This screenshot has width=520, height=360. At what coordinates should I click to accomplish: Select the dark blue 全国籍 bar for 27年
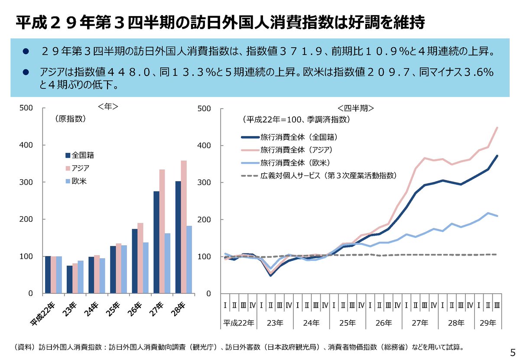point(156,243)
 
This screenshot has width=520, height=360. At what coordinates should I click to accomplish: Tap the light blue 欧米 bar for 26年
point(146,268)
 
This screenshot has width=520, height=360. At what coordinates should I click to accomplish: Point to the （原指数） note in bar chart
point(70,118)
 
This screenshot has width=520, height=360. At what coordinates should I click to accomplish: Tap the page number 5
point(513,351)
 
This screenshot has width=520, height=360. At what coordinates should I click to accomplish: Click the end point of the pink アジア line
point(497,127)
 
